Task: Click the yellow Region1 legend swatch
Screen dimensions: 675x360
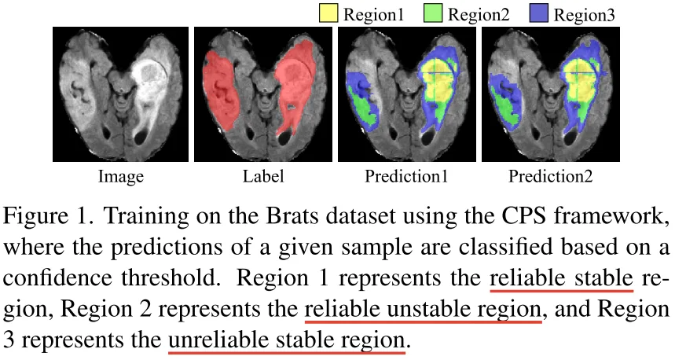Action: [x=328, y=13]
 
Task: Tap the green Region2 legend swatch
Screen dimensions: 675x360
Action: [x=433, y=13]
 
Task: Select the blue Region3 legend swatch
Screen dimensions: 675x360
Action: [x=539, y=13]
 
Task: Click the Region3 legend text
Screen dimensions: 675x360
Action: [x=584, y=15]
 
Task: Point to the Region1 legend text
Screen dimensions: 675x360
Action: [x=374, y=15]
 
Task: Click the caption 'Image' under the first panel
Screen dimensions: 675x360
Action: [x=120, y=177]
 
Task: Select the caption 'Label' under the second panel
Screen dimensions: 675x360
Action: [x=263, y=176]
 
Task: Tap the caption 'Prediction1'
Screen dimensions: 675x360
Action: [x=406, y=176]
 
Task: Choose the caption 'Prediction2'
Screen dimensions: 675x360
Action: [x=550, y=176]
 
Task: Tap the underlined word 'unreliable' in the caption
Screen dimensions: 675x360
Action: [x=218, y=340]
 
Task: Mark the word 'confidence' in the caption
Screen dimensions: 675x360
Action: [x=58, y=278]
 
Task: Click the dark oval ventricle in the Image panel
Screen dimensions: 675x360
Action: [x=141, y=138]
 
